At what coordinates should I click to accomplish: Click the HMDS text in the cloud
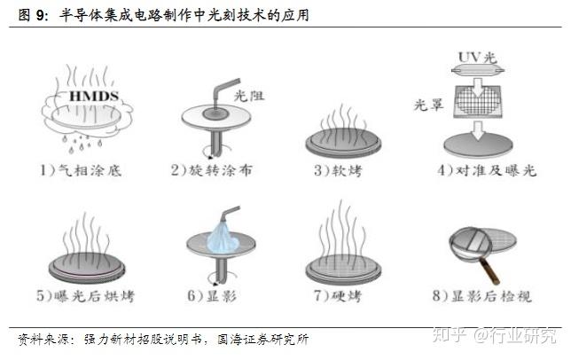click(94, 96)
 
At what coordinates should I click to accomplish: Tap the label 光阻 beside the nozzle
click(249, 96)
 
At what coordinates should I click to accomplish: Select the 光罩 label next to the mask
click(428, 105)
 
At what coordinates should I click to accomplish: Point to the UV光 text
click(477, 57)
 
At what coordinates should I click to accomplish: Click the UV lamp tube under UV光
click(478, 70)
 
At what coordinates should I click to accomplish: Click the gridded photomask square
click(478, 102)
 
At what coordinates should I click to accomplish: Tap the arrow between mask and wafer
click(478, 130)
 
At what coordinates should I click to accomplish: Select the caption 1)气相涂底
click(81, 170)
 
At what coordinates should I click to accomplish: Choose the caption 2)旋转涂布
click(212, 170)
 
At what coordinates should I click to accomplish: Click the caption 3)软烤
click(339, 170)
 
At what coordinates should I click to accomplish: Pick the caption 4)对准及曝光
click(487, 170)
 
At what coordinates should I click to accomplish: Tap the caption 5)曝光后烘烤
click(86, 295)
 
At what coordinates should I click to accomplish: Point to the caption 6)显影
click(212, 295)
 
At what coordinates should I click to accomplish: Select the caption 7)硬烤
click(339, 295)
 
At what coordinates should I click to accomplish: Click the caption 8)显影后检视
click(482, 295)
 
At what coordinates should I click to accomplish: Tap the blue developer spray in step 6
click(223, 238)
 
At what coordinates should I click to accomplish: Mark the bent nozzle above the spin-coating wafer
click(223, 94)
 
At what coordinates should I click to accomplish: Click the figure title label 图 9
click(33, 15)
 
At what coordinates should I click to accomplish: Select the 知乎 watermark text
click(450, 334)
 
